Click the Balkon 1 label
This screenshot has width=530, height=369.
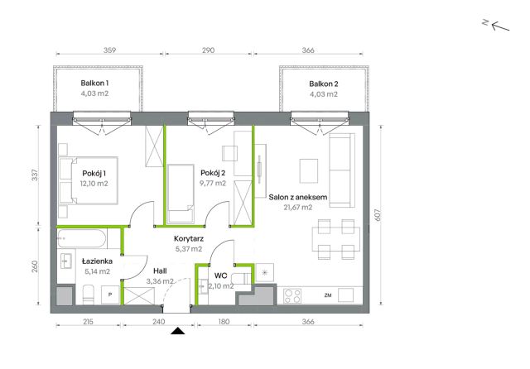[94, 83]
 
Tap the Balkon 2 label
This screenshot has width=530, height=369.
[324, 84]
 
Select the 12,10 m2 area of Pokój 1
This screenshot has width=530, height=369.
[94, 184]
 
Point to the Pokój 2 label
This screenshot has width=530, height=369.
[213, 173]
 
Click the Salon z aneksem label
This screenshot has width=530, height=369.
[298, 197]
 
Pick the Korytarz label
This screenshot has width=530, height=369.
[189, 238]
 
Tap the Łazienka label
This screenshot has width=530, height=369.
[98, 261]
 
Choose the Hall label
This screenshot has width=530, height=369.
[160, 271]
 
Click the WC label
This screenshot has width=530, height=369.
[221, 276]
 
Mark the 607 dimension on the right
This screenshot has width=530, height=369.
[378, 215]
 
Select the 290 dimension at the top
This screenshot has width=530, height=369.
[208, 50]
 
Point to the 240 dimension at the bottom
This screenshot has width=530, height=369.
[158, 322]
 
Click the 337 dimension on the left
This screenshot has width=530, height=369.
[35, 175]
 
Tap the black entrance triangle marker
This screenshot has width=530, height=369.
[177, 331]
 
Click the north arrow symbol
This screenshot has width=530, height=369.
[496, 26]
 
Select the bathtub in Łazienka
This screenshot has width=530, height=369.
[81, 238]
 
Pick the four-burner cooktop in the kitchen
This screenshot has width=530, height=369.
[292, 296]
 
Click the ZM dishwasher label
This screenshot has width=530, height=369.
[328, 295]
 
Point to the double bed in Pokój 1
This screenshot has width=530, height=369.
[89, 180]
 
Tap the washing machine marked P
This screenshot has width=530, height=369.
[110, 295]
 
